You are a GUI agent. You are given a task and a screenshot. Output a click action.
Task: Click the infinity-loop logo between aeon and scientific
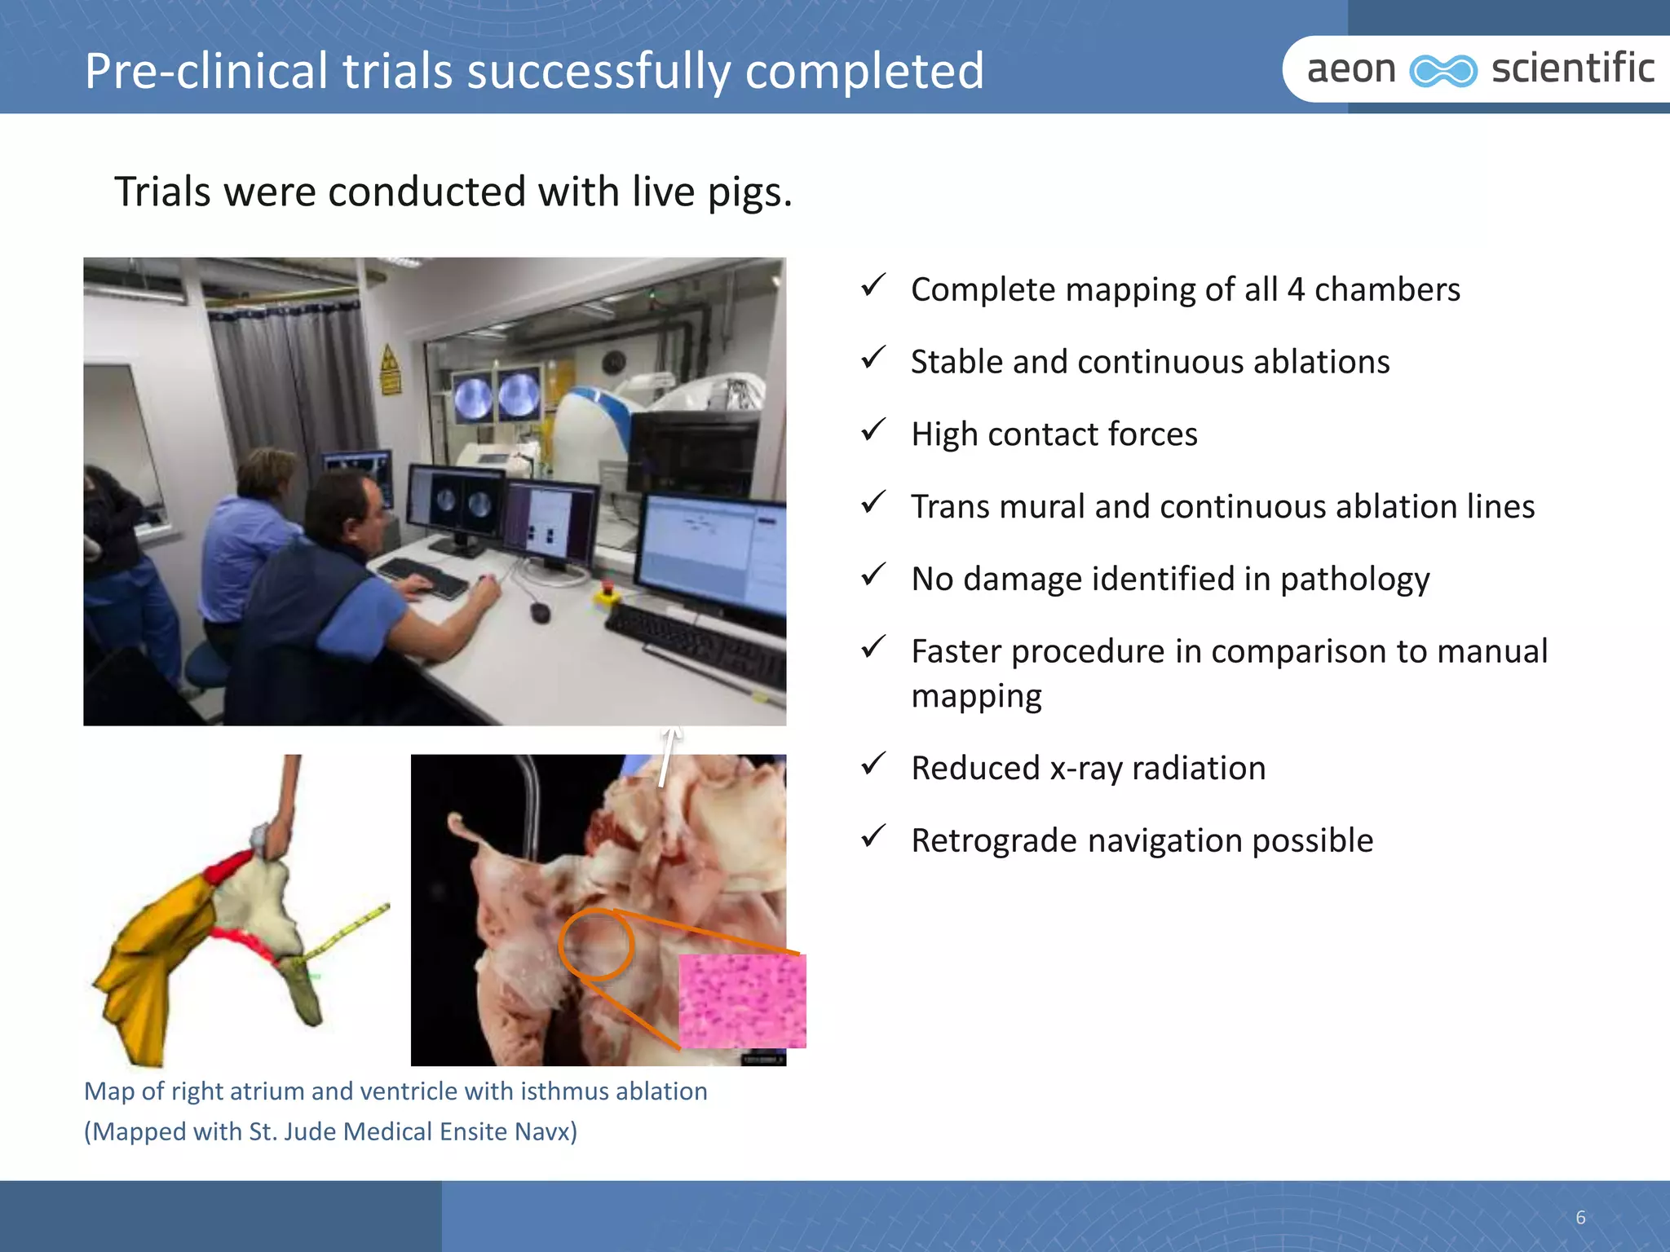[1443, 71]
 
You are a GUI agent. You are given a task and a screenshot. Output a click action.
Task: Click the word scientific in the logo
[1572, 68]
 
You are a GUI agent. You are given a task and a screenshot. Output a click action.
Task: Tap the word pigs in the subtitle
[749, 193]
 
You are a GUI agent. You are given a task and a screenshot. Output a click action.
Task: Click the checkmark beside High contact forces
[873, 429]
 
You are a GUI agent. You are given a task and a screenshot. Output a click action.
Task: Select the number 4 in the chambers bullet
[1296, 290]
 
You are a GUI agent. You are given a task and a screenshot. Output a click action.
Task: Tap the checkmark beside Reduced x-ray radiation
[873, 764]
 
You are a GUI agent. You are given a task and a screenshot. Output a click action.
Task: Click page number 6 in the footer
[1580, 1218]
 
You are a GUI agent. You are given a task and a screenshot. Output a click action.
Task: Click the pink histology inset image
[742, 1001]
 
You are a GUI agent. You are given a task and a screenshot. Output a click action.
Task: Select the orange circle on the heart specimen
[596, 944]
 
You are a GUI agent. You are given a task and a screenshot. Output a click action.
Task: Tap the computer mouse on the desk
[540, 611]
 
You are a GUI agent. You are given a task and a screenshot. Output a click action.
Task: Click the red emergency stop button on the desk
[607, 589]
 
